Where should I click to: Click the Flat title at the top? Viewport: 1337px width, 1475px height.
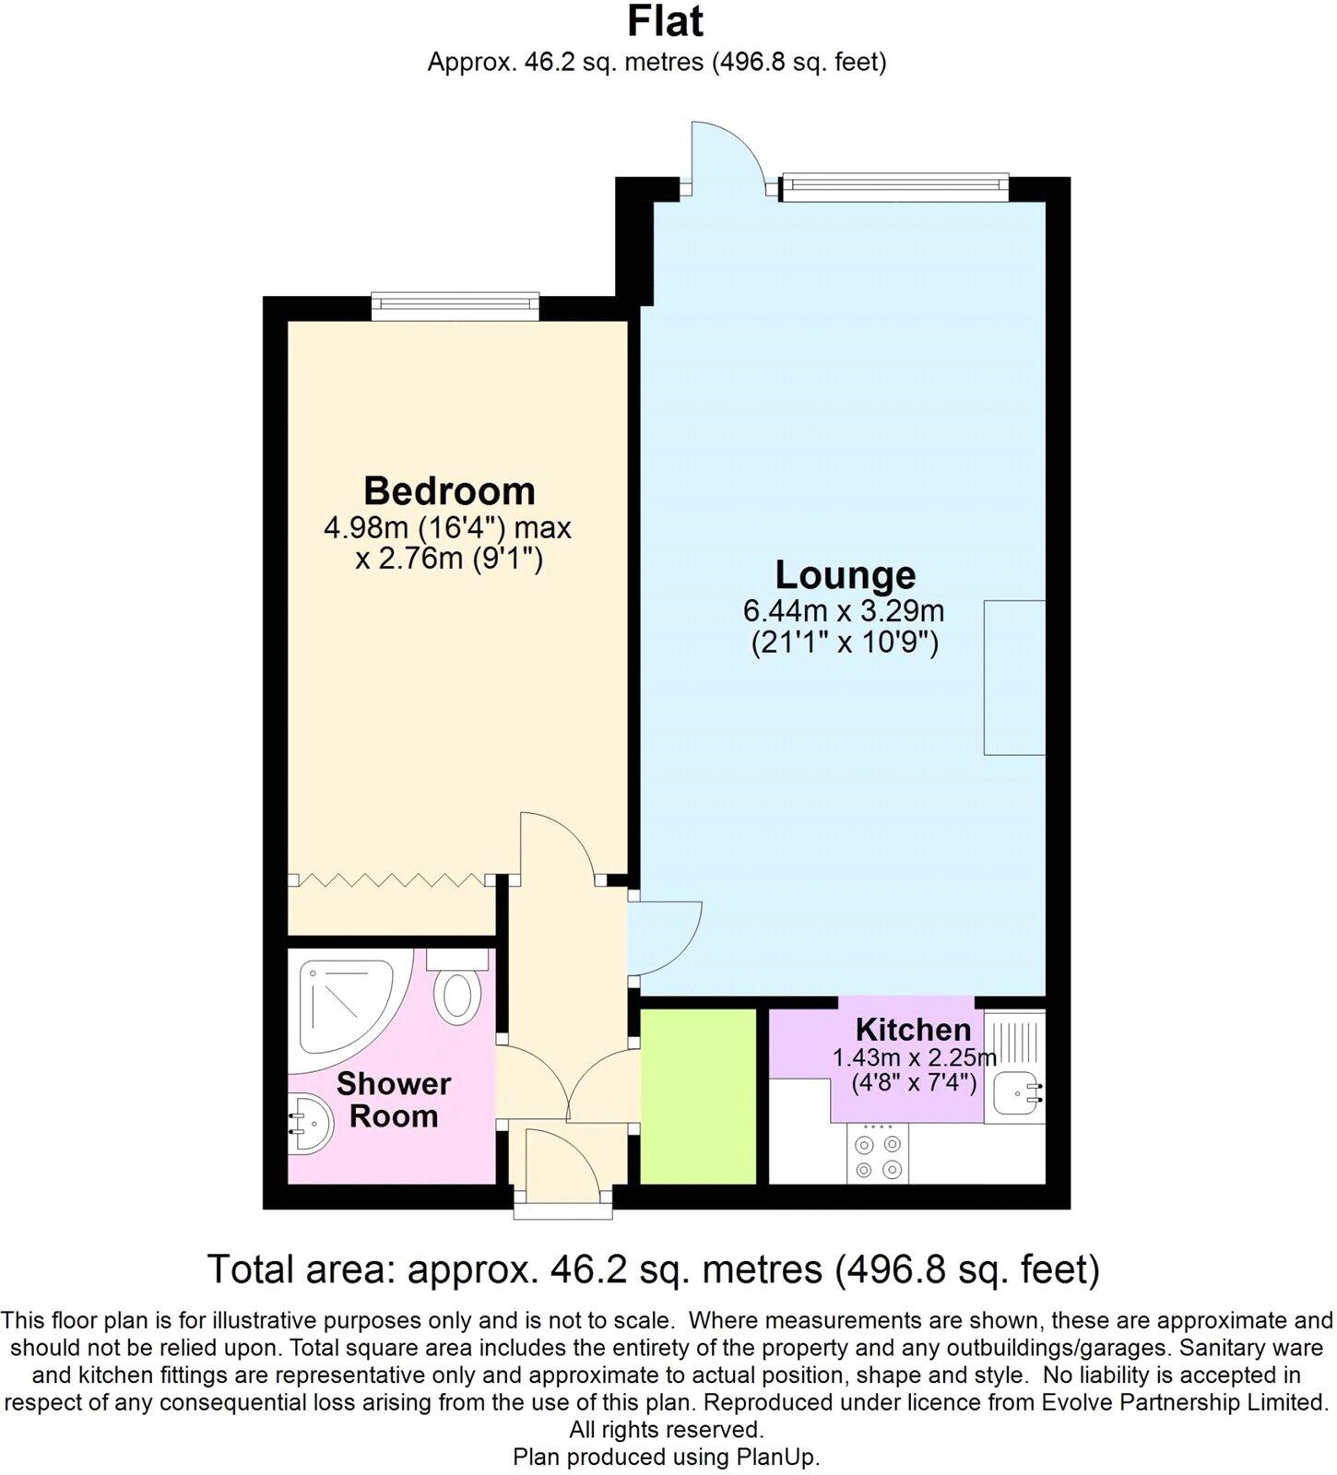[665, 21]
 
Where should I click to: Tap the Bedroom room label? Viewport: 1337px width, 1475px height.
[449, 490]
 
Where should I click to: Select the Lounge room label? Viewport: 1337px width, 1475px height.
[845, 574]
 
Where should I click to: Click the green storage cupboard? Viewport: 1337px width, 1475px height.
[698, 1096]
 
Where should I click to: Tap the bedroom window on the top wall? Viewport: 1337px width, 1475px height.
[455, 306]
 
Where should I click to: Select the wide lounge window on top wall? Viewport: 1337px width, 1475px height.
[893, 187]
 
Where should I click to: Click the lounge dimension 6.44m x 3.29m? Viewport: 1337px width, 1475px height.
[844, 610]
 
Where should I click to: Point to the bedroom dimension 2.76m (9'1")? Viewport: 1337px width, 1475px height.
[449, 559]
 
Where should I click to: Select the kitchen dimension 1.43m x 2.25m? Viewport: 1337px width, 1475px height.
[914, 1057]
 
